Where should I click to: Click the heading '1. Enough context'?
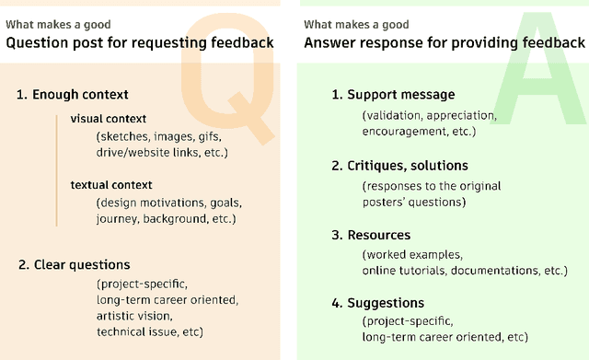(72, 94)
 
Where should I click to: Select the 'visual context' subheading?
(109, 119)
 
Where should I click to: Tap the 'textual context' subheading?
(111, 185)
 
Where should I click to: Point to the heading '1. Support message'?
(393, 95)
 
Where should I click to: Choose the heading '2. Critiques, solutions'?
(399, 166)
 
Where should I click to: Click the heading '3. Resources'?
(371, 236)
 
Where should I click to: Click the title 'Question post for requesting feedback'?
(140, 43)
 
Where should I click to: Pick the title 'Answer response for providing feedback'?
(444, 43)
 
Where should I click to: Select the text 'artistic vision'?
(135, 316)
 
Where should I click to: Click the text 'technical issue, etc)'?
(150, 331)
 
